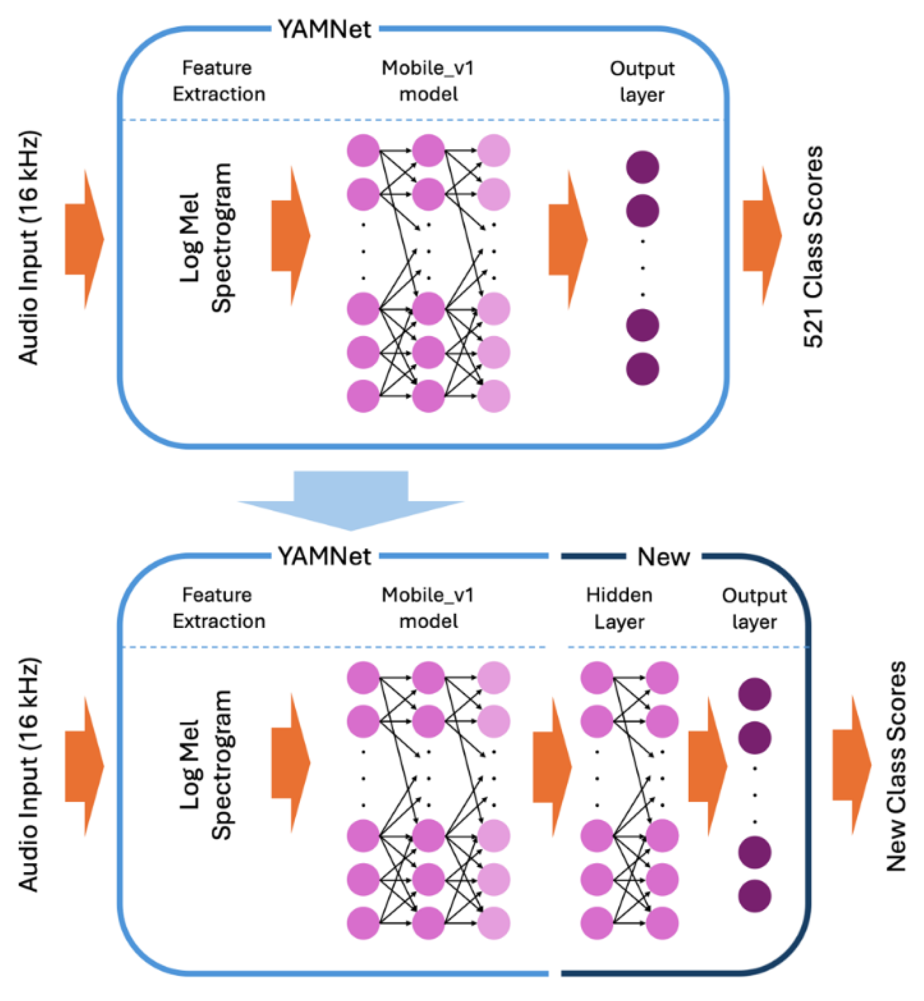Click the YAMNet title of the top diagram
tap(324, 30)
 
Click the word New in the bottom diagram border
tap(663, 556)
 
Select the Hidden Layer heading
tap(619, 608)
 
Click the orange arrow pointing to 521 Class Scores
tap(762, 236)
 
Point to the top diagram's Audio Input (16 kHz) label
tap(29, 247)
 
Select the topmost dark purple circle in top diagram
tap(642, 167)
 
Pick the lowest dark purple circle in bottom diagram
tap(754, 896)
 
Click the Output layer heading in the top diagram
tap(642, 81)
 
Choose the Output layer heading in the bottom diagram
tap(754, 608)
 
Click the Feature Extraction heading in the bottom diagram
tap(218, 608)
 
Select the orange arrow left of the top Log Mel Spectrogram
tap(84, 239)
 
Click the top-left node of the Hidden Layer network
tap(596, 678)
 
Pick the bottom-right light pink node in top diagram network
tap(493, 396)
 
